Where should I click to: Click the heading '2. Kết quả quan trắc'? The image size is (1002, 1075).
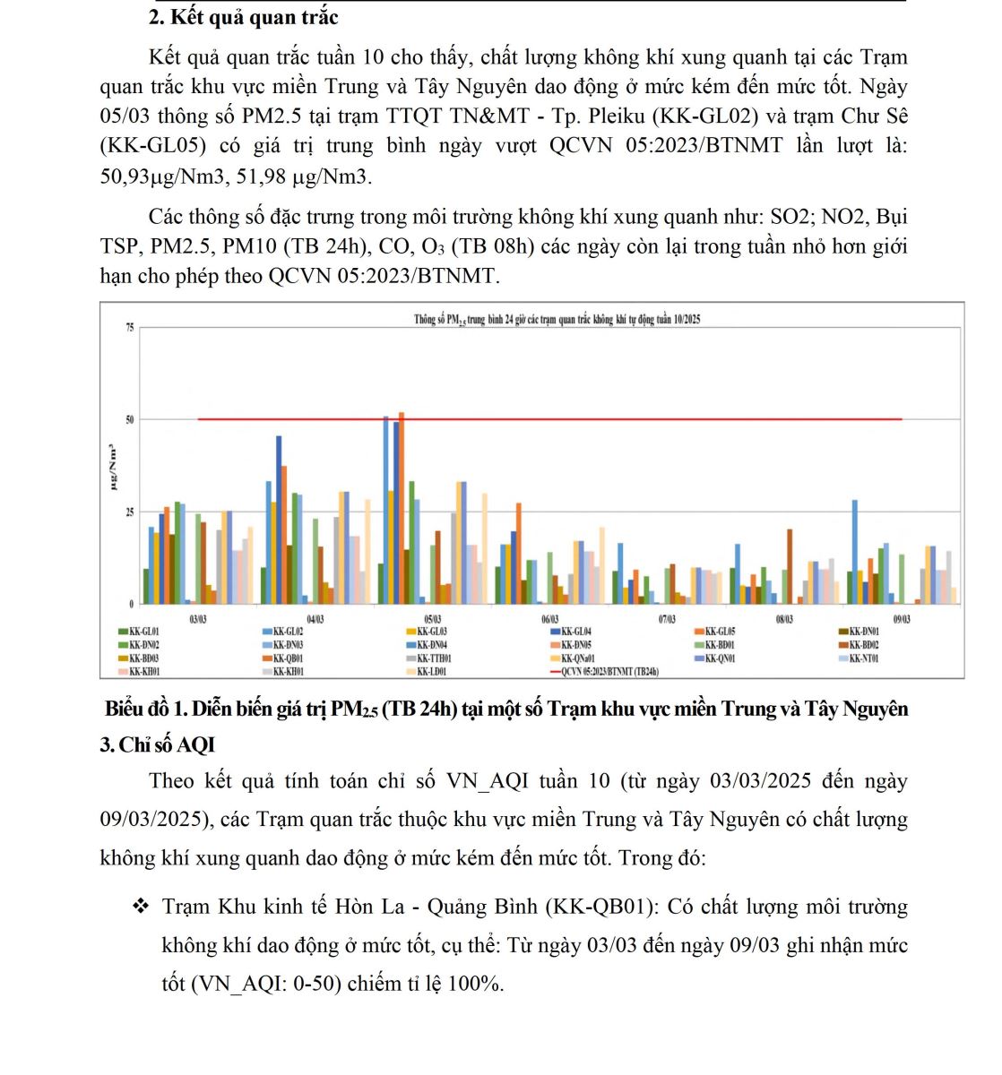coord(243,17)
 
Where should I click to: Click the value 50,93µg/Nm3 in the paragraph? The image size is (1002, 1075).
coord(160,176)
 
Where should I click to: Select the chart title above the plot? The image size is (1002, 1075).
coord(557,319)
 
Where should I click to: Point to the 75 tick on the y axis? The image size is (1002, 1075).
coord(130,328)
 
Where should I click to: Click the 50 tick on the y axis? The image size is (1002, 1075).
coord(130,419)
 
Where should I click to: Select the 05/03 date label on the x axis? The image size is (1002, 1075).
coord(432,619)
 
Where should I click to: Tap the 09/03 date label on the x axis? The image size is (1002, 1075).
coord(901,619)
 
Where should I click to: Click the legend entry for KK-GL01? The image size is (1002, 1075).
coord(143,632)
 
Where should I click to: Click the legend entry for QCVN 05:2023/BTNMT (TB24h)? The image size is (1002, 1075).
coord(609,671)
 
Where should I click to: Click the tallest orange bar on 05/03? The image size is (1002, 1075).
coord(402,507)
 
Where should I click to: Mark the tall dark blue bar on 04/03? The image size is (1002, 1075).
coord(279,520)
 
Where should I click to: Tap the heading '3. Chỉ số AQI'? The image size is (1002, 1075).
coord(158,745)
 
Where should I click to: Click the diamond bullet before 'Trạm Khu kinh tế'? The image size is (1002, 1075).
coord(141,907)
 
